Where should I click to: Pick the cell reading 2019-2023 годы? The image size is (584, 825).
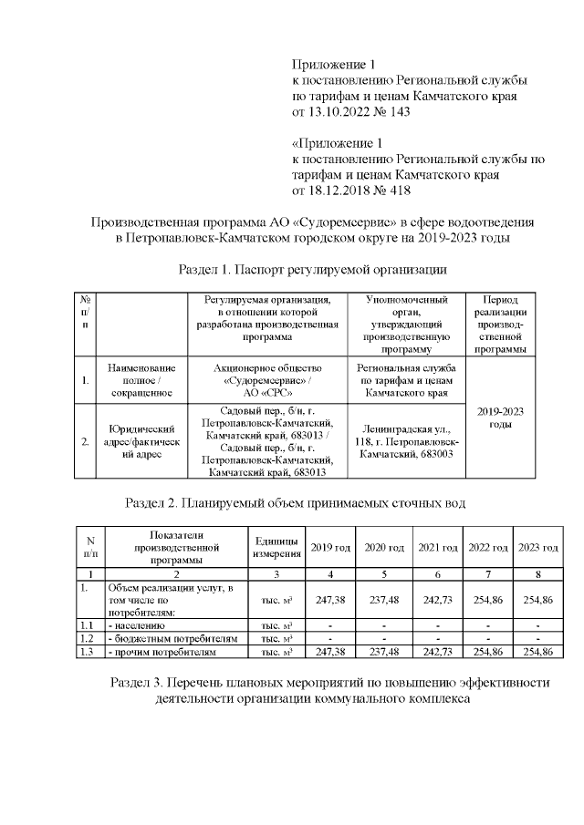click(499, 418)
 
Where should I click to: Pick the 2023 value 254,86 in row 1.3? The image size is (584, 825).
click(537, 653)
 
